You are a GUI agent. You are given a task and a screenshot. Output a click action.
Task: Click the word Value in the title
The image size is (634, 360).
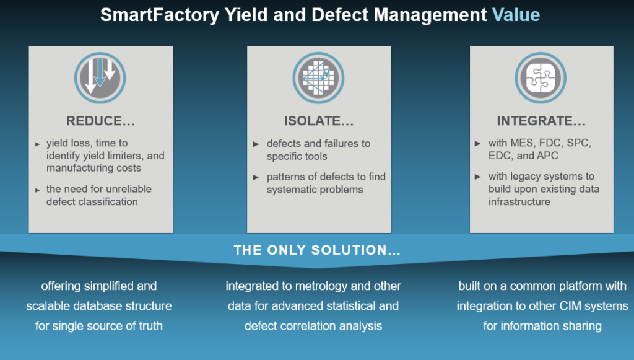(516, 15)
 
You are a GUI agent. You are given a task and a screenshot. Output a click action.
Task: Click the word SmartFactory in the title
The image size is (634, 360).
(158, 15)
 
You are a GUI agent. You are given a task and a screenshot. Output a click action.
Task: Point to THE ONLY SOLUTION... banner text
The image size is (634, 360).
(317, 250)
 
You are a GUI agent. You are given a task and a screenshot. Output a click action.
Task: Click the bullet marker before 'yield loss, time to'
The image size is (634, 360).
(38, 144)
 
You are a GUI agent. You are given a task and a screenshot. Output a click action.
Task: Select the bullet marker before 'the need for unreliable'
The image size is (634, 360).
(38, 190)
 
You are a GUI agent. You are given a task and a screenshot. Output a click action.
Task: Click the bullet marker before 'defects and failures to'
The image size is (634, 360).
(256, 144)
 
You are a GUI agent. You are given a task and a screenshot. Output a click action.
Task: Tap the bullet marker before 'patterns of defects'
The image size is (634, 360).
(256, 177)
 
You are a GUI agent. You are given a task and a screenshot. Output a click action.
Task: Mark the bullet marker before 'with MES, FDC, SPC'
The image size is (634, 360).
(477, 144)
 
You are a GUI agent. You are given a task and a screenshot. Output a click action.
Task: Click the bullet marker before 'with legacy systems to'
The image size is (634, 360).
(477, 177)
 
